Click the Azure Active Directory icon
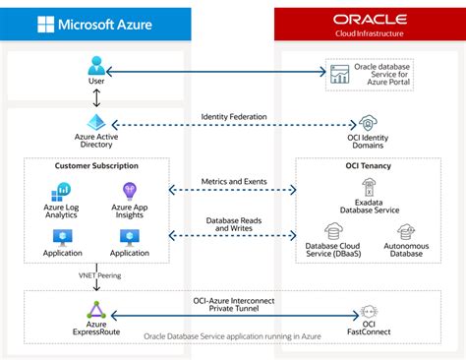pos(96,124)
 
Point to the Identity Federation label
pos(233,117)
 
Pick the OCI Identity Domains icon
pos(370,125)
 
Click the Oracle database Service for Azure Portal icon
pos(340,73)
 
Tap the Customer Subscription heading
pos(96,165)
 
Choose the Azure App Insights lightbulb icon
pos(130,191)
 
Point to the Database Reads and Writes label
pos(233,225)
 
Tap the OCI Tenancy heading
pos(370,165)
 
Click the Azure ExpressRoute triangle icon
pos(96,312)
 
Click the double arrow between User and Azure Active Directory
pos(96,97)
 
